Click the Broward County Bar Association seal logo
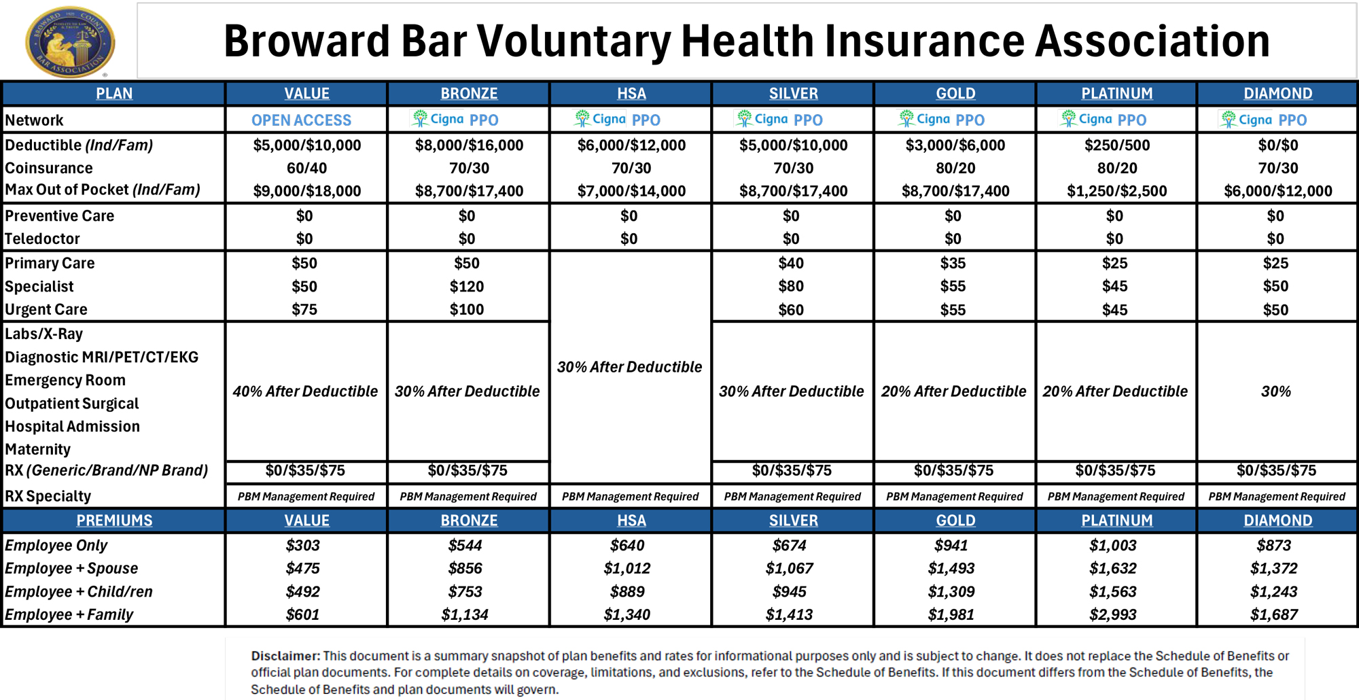click(x=70, y=42)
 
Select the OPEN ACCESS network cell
click(x=302, y=120)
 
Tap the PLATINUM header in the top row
click(x=1117, y=93)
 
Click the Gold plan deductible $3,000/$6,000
click(x=955, y=145)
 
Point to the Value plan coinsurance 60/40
click(x=306, y=168)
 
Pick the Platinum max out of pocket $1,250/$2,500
click(x=1117, y=191)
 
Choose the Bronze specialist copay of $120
click(x=467, y=286)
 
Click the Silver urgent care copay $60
click(x=791, y=310)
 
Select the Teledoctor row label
click(x=42, y=239)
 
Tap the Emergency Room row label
click(x=65, y=380)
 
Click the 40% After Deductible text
click(x=305, y=391)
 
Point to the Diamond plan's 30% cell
click(x=1276, y=391)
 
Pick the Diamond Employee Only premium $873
click(x=1274, y=545)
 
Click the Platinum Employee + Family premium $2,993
click(x=1113, y=614)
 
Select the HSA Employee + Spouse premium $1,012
click(x=627, y=568)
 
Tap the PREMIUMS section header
click(x=114, y=520)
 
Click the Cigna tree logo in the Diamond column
click(x=1229, y=120)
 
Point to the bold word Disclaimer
click(x=285, y=656)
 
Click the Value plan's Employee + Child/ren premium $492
click(x=303, y=591)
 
